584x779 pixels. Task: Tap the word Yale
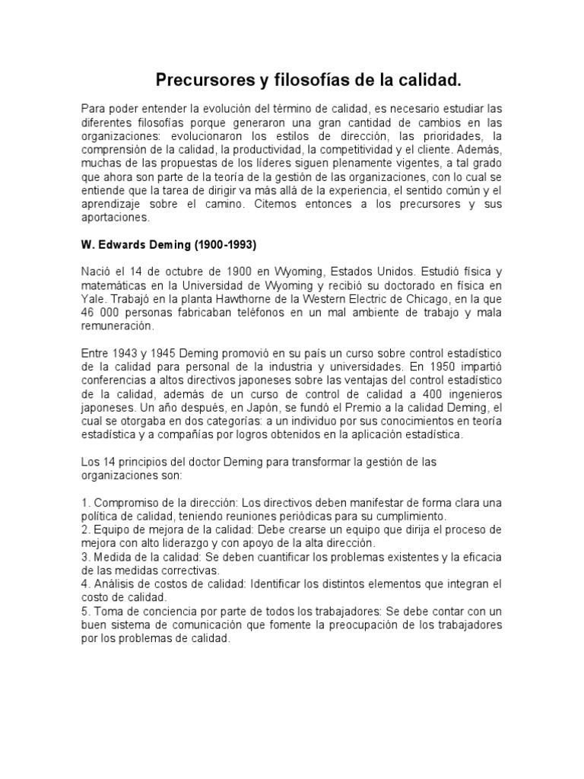click(x=93, y=299)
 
